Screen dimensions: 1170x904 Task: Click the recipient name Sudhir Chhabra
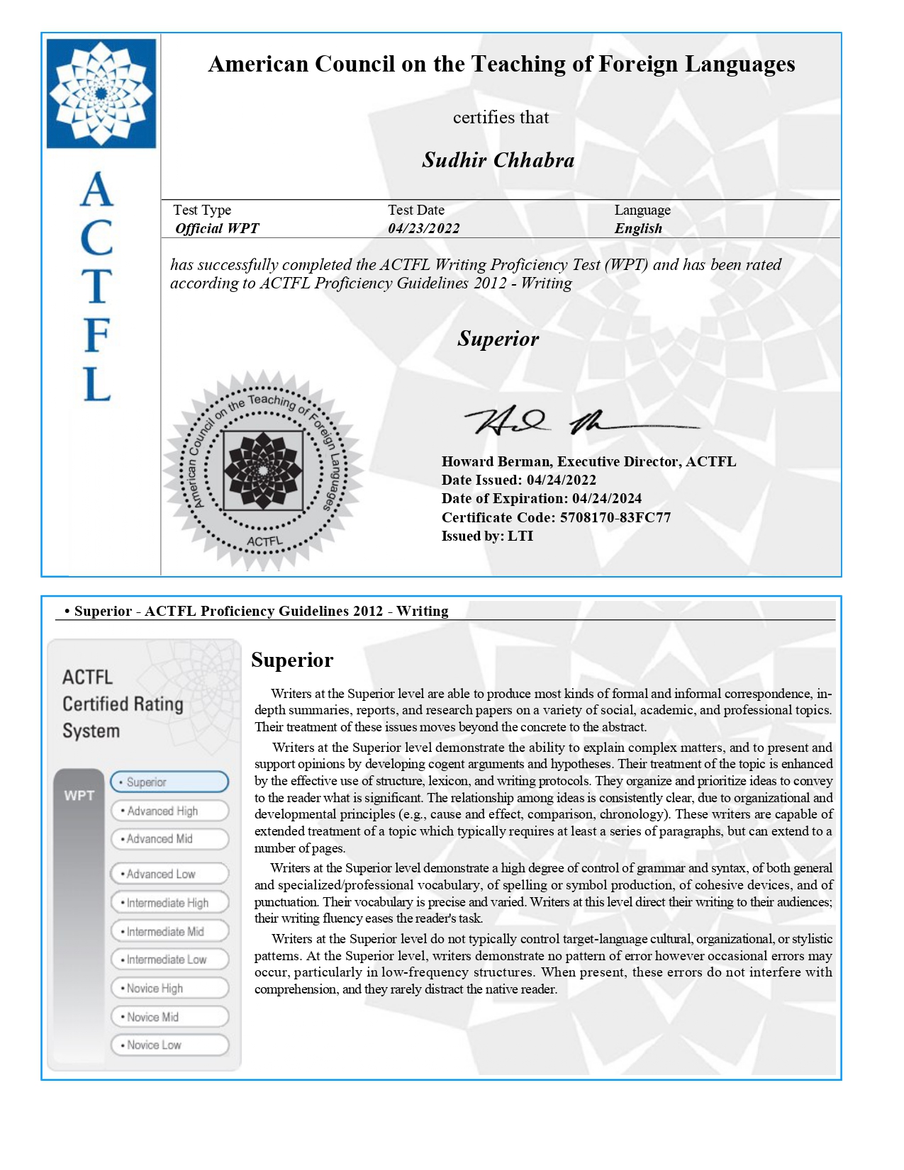click(498, 160)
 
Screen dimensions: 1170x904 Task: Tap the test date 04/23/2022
click(423, 228)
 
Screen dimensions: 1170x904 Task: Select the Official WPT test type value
click(217, 228)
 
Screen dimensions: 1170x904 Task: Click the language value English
click(638, 228)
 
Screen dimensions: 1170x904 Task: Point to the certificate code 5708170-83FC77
click(615, 517)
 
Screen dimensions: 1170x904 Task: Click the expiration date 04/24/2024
click(606, 498)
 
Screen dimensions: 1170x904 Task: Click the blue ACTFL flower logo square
click(101, 93)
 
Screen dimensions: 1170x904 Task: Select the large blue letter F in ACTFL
click(96, 335)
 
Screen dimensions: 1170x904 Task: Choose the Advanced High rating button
click(169, 811)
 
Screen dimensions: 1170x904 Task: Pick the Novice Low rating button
click(169, 1045)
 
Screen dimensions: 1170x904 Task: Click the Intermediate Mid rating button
click(169, 931)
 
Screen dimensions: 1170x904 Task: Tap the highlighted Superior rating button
click(169, 782)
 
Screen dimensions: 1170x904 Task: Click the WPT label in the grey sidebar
click(79, 795)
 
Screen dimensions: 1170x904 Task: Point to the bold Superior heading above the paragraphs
click(292, 660)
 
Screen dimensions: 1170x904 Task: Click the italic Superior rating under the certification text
click(498, 339)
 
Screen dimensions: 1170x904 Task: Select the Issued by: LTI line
click(487, 536)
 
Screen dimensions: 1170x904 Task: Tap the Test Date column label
click(416, 210)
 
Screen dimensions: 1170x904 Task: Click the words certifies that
click(501, 118)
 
